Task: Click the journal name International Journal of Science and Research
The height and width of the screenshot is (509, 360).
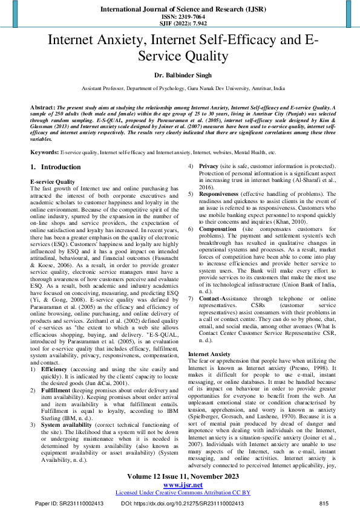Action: point(180,10)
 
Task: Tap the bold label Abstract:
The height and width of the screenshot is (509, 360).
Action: point(43,106)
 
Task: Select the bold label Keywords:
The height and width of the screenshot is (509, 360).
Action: point(45,152)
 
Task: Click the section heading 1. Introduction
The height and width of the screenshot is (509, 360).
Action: point(55,167)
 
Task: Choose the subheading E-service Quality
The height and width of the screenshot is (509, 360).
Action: point(52,181)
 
